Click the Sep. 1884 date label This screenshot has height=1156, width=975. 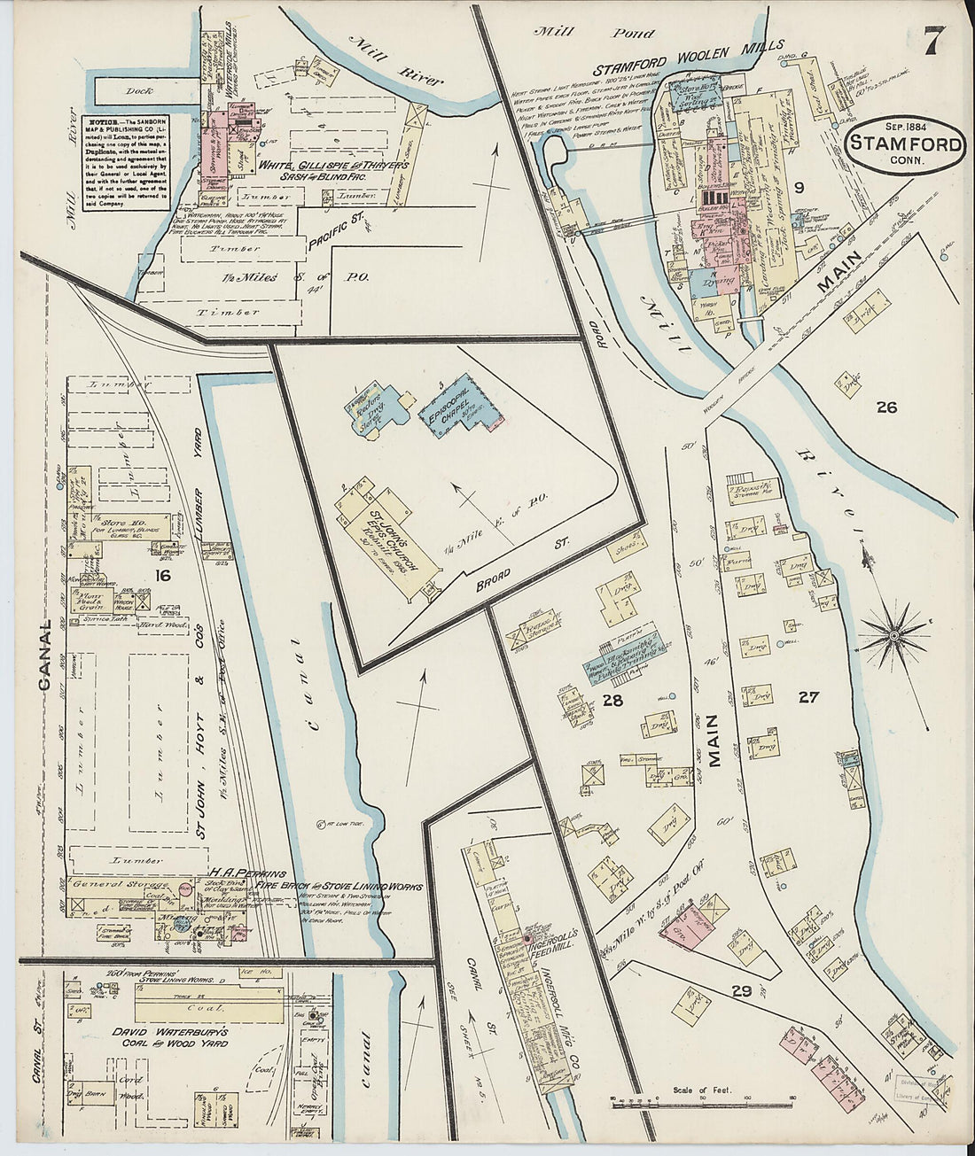(903, 125)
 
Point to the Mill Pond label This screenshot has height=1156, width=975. (591, 35)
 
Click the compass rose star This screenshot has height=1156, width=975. (893, 636)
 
